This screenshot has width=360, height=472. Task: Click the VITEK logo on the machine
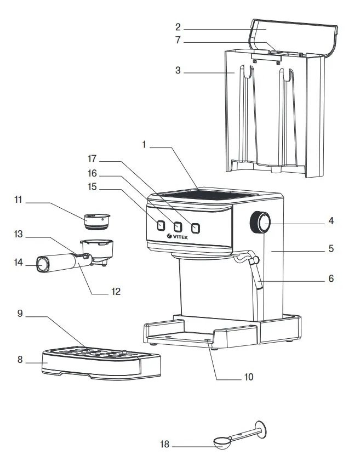(x=178, y=236)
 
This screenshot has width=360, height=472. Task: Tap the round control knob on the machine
(x=261, y=223)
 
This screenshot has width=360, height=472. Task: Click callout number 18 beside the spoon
(x=165, y=445)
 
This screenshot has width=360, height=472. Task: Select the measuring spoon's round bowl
(x=221, y=442)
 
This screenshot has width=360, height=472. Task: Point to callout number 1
(x=144, y=145)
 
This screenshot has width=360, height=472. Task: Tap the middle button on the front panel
(x=178, y=226)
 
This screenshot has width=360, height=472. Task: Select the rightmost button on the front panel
(x=195, y=228)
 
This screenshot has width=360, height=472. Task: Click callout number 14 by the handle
(x=19, y=263)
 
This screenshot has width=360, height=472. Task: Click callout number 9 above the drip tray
(x=20, y=314)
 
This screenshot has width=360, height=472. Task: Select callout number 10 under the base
(x=249, y=377)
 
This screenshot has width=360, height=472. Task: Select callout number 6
(x=330, y=278)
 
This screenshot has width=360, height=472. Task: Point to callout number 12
(x=116, y=291)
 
